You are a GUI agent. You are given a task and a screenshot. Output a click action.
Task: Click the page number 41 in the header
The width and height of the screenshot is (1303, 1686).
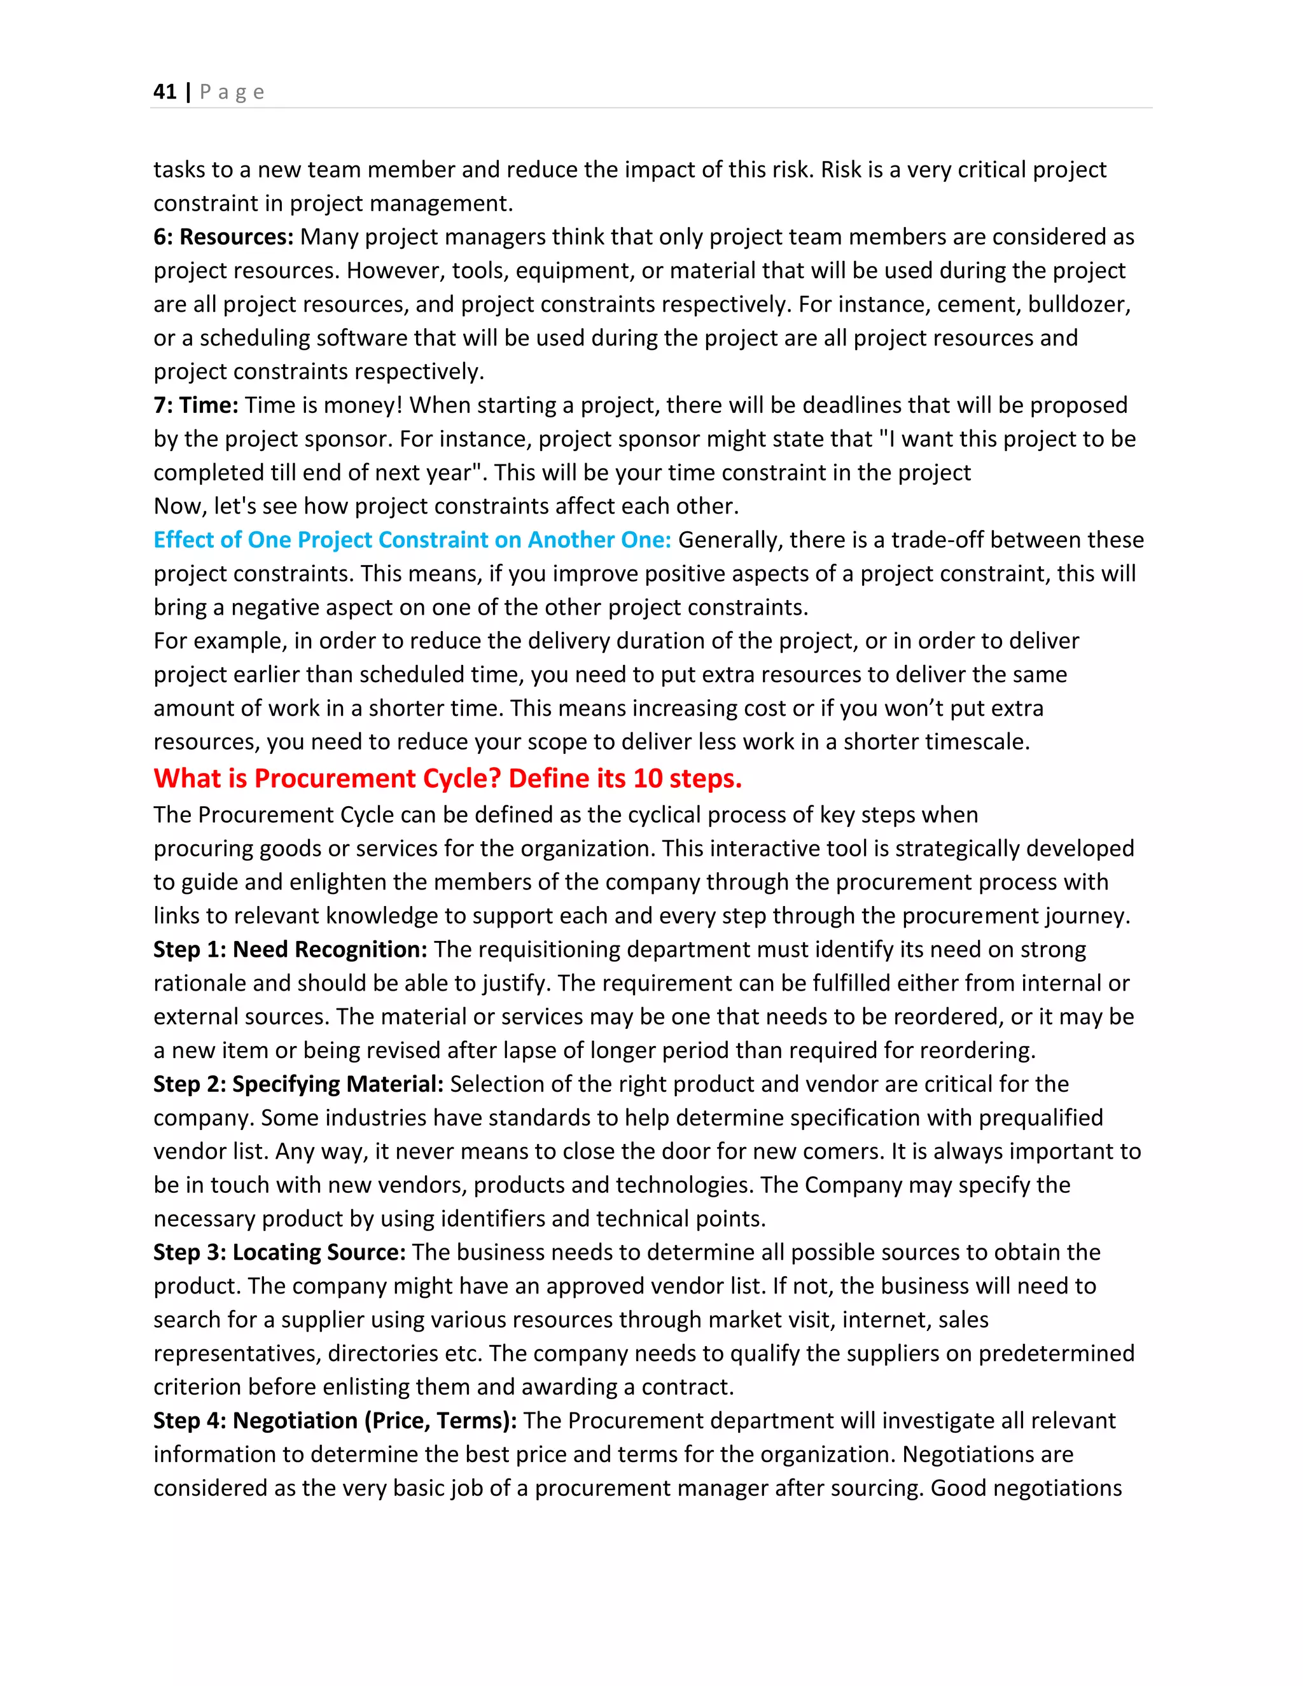[164, 92]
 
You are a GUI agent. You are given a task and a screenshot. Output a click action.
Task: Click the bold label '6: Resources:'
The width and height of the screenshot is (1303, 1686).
[223, 237]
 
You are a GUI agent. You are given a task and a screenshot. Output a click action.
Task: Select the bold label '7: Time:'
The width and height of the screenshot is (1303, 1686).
[195, 405]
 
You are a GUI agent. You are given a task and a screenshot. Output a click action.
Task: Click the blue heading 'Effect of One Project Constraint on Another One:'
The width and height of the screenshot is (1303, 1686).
[412, 540]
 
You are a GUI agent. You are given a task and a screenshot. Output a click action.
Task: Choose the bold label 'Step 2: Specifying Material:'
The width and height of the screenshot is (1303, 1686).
[298, 1084]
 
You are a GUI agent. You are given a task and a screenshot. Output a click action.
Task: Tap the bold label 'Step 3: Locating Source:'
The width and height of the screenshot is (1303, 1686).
[279, 1252]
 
